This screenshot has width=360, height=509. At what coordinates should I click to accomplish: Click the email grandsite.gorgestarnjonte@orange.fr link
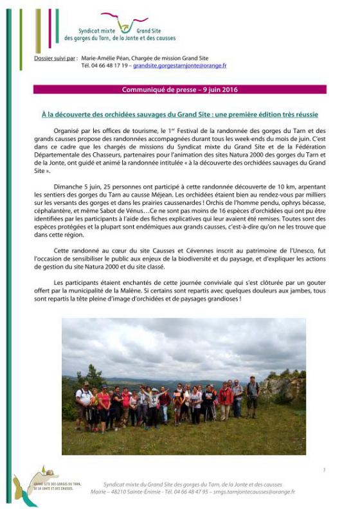pyautogui.click(x=179, y=66)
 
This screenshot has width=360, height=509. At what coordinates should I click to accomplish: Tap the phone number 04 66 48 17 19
pyautogui.click(x=105, y=66)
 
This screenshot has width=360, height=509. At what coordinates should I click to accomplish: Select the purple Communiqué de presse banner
pyautogui.click(x=180, y=89)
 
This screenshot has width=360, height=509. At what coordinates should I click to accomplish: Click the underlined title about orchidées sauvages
pyautogui.click(x=180, y=114)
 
